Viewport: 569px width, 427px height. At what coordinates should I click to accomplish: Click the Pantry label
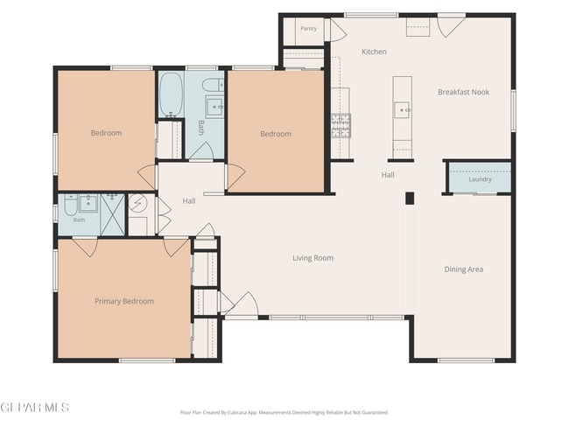[308, 28]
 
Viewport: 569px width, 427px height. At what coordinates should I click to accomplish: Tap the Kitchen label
[374, 52]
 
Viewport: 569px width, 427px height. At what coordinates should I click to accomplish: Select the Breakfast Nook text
[463, 92]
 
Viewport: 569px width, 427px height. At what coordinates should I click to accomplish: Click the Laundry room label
[480, 179]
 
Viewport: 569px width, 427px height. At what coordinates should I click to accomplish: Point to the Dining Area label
[463, 269]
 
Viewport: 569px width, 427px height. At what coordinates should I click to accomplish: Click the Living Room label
[313, 258]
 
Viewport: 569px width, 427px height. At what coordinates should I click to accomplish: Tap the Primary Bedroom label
[124, 301]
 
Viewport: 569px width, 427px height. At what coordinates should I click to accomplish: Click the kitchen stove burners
[341, 125]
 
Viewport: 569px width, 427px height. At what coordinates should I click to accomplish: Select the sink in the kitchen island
[403, 108]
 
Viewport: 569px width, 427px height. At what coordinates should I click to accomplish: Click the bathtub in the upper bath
[171, 94]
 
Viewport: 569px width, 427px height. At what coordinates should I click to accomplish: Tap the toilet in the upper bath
[213, 85]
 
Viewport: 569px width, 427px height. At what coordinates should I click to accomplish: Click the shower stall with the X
[112, 214]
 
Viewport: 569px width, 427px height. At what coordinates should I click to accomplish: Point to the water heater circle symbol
[138, 203]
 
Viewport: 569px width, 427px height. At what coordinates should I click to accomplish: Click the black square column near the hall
[410, 198]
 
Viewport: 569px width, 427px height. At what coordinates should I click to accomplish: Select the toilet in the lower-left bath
[70, 206]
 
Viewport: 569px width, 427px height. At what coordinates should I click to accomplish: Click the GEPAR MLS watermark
[34, 408]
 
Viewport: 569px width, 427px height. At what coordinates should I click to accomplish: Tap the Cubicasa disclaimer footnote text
[284, 412]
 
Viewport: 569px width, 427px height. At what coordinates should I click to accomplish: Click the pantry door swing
[338, 30]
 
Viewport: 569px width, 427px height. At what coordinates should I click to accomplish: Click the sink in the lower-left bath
[88, 203]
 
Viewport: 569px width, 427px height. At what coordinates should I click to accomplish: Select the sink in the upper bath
[214, 106]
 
